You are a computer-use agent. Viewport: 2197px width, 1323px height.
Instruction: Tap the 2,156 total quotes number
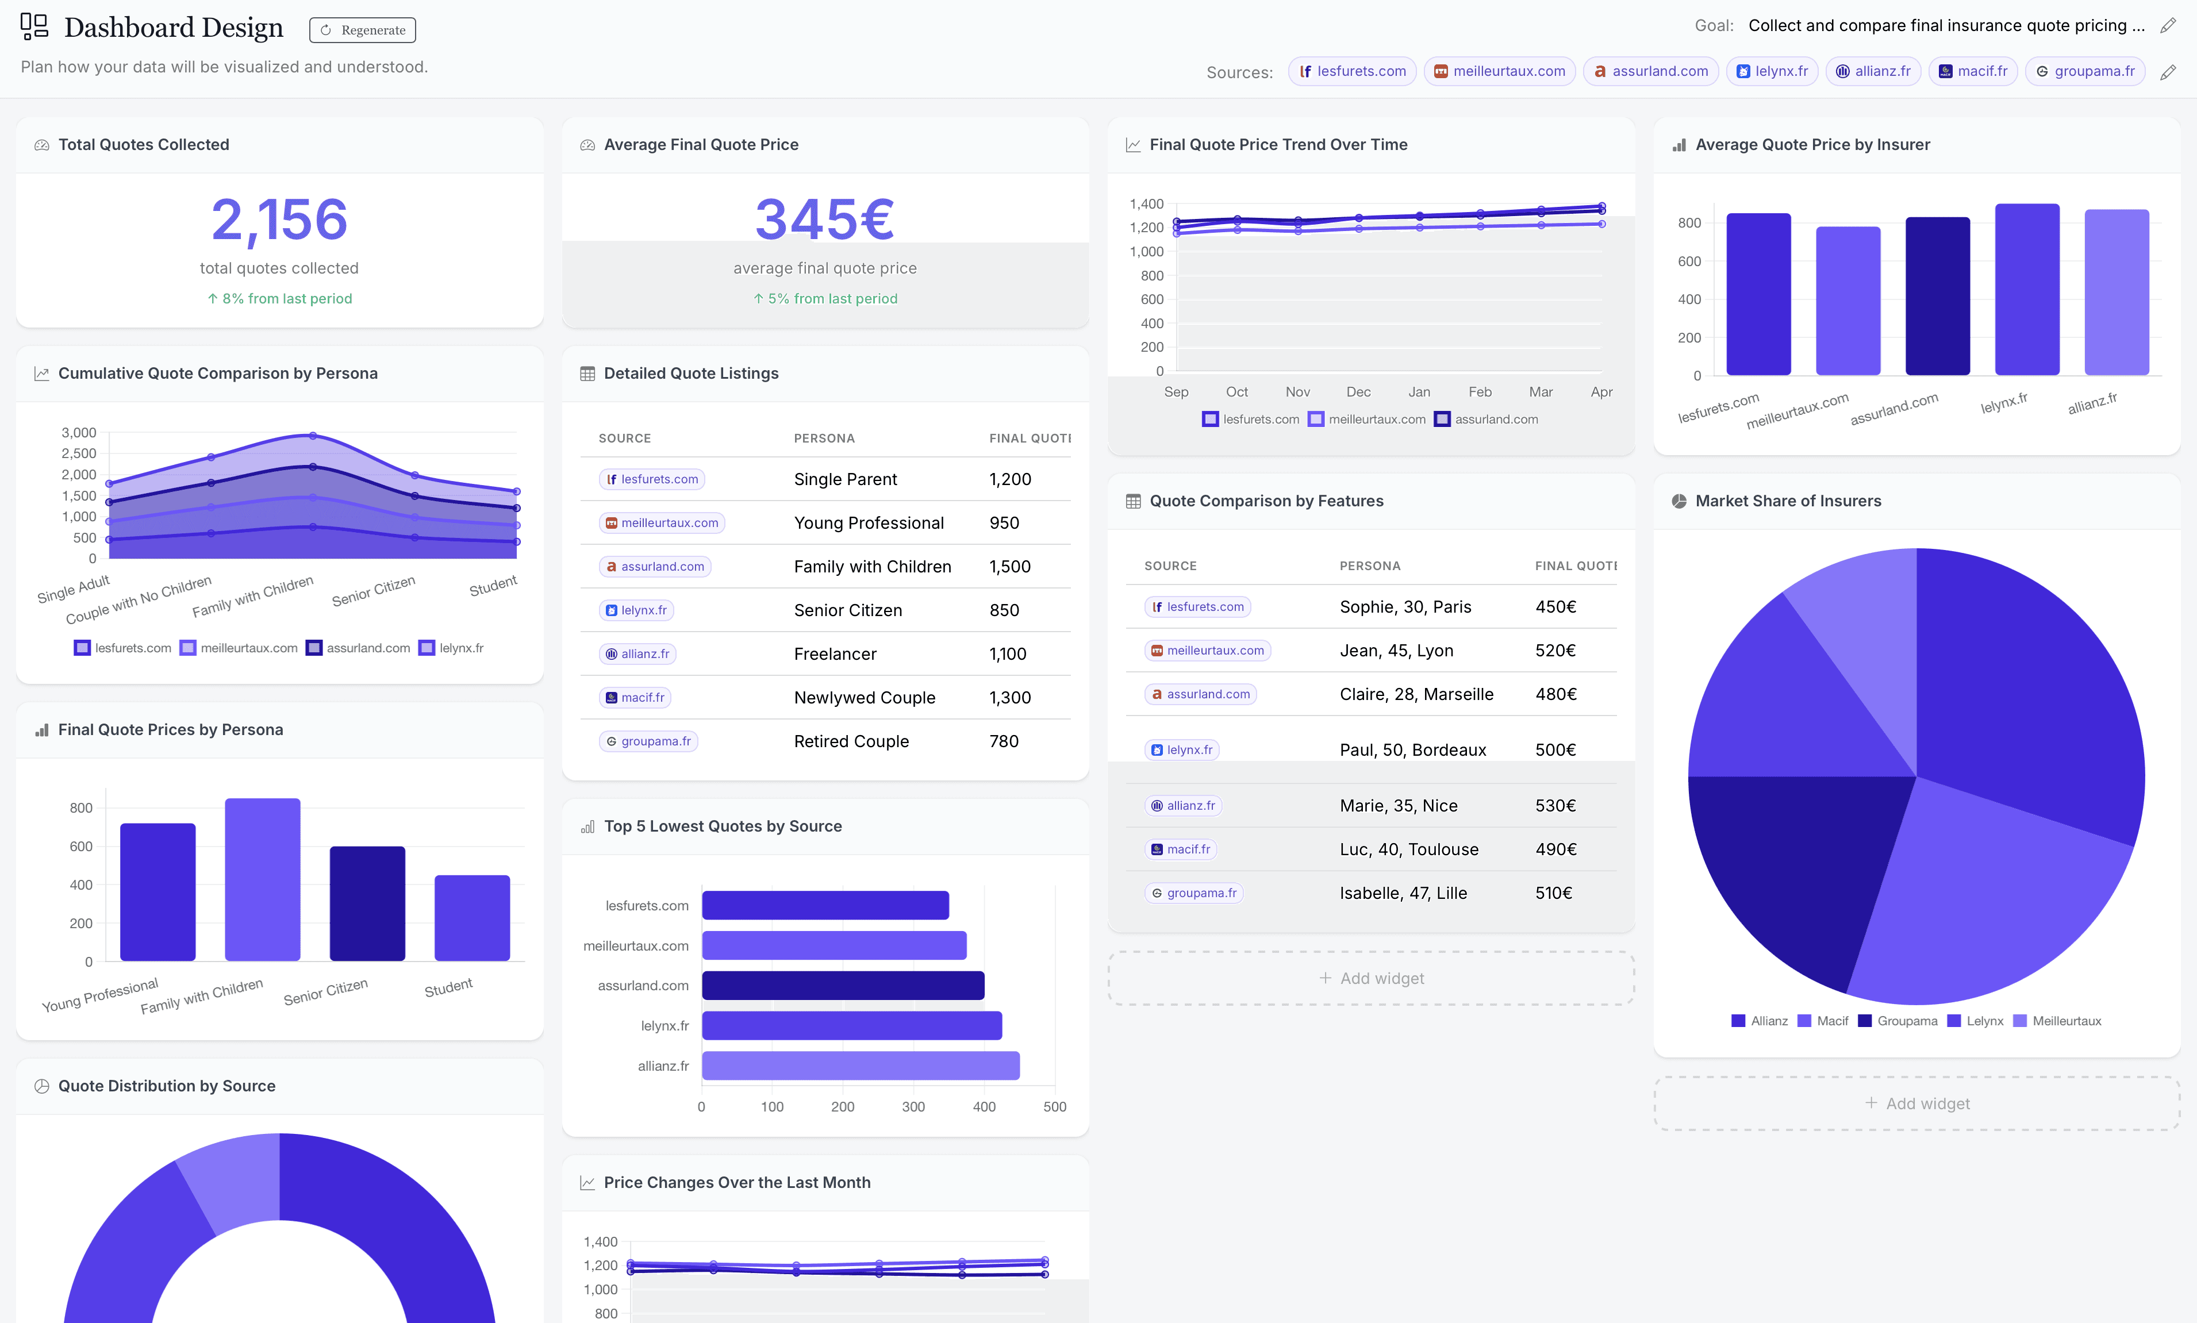coord(279,220)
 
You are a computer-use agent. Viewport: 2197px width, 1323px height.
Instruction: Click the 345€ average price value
coord(825,220)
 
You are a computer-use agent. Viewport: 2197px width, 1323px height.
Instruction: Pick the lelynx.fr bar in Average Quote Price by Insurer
coord(2027,290)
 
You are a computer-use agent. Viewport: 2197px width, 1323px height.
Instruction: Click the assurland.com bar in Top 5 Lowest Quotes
coord(843,985)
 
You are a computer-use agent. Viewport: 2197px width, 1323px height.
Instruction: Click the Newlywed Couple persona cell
coord(864,697)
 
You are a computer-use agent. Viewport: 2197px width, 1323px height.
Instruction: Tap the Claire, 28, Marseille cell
coord(1416,694)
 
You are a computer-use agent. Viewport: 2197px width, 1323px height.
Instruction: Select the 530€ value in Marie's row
coord(1555,805)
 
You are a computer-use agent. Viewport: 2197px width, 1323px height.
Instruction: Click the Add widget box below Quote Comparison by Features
coord(1370,978)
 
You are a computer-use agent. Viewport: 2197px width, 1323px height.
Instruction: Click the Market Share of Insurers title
coord(1788,501)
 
